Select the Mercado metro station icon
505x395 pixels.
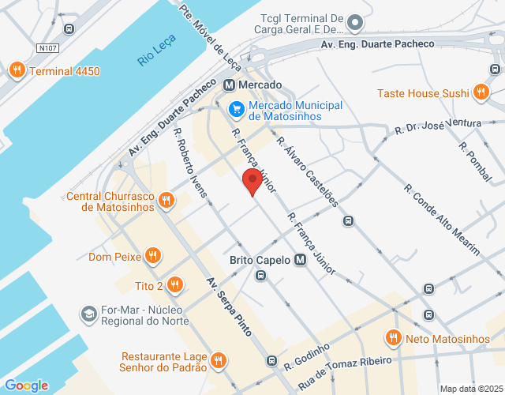[229, 85]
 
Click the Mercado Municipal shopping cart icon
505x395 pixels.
[235, 108]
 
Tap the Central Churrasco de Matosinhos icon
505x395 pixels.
[165, 201]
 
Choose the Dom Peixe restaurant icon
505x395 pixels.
[153, 256]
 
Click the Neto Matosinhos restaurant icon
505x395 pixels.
[393, 339]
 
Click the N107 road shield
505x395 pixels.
[47, 48]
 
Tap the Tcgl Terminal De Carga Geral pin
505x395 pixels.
[354, 23]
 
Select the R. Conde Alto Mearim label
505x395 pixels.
[441, 219]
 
